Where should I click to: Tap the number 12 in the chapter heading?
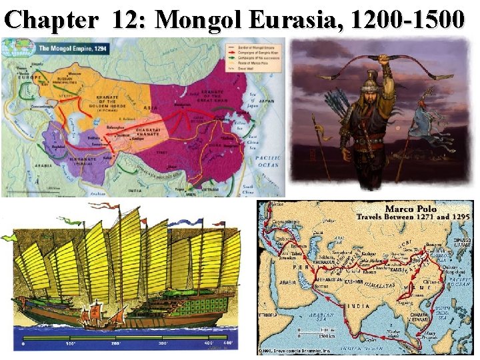[x=127, y=21]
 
